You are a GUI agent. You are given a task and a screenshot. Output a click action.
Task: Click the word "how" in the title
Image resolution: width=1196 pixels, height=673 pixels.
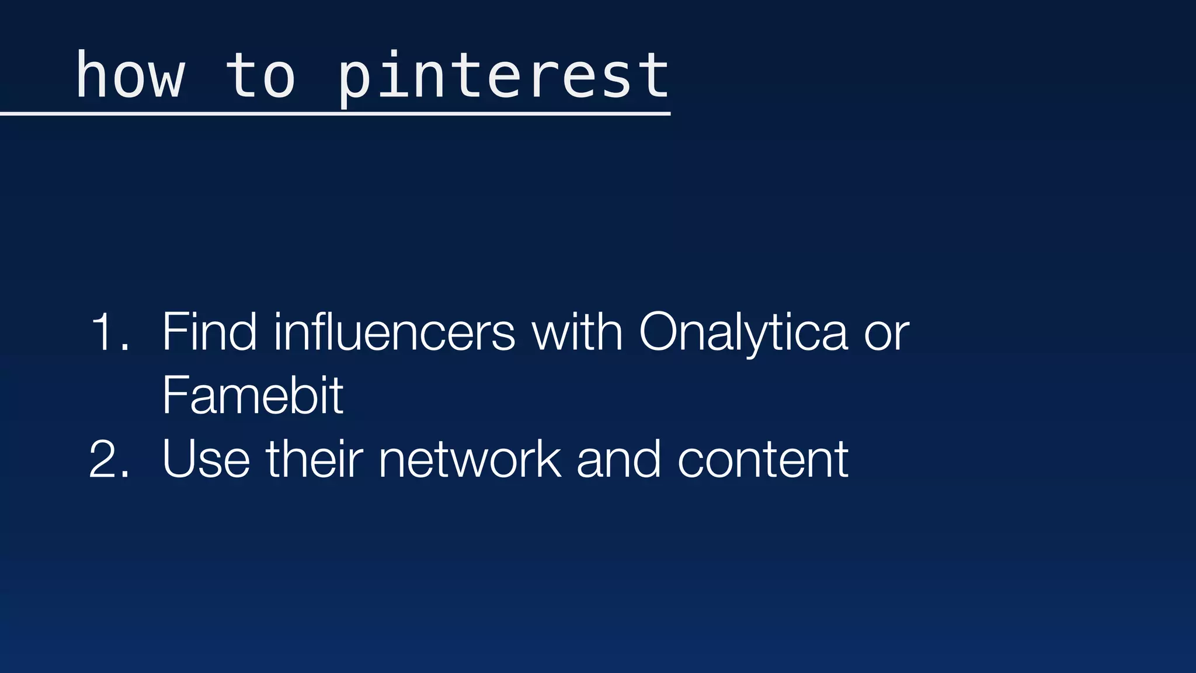click(x=130, y=76)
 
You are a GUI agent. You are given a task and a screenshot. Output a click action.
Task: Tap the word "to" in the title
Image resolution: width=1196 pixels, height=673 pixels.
click(x=260, y=76)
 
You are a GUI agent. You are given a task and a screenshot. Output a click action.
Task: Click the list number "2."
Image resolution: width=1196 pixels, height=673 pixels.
click(x=110, y=460)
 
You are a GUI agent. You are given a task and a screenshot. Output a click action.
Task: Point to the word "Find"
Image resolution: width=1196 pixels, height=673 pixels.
click(x=209, y=332)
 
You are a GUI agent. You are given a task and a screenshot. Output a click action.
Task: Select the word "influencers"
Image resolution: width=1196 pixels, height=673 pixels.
click(x=394, y=332)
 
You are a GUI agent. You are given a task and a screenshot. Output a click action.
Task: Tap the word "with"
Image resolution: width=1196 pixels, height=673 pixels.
click(x=577, y=332)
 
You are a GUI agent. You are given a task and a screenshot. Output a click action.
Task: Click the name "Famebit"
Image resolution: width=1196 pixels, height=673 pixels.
click(x=253, y=396)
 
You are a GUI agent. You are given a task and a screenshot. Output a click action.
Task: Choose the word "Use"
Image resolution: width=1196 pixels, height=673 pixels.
click(x=206, y=460)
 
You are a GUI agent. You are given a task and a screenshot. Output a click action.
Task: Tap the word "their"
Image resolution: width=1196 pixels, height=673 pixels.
click(x=314, y=459)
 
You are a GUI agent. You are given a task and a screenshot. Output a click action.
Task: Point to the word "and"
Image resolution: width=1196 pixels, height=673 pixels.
click(x=619, y=459)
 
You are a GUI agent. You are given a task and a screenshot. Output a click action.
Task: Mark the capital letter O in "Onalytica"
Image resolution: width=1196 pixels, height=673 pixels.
click(x=660, y=332)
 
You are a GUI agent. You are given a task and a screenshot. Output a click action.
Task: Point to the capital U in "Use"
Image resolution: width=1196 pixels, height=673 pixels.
click(x=179, y=459)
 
